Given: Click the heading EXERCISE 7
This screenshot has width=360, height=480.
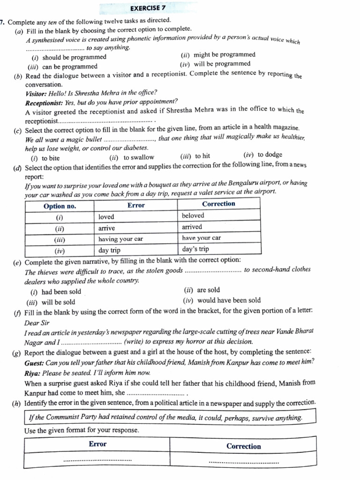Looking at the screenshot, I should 148,8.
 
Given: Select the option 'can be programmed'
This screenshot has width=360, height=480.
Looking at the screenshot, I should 69,67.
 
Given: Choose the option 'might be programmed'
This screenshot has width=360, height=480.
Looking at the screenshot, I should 224,55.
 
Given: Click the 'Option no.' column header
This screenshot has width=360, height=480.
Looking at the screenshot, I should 60,206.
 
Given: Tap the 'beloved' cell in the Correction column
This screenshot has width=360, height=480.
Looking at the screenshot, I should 193,216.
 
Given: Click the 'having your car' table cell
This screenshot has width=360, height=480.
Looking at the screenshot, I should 120,239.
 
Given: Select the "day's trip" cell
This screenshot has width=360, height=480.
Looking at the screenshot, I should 196,249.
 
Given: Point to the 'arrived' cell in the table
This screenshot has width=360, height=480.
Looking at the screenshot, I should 192,227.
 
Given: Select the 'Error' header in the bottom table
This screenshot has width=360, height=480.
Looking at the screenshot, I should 97,444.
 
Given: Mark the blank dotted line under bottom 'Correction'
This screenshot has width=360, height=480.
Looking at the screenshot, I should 243,463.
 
